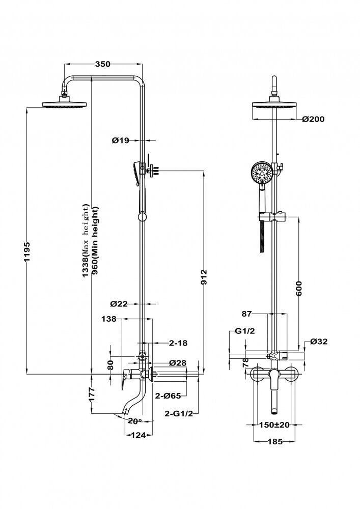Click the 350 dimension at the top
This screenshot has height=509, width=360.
click(x=103, y=64)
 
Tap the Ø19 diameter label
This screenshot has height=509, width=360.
click(x=121, y=139)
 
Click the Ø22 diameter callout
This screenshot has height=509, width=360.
click(x=119, y=304)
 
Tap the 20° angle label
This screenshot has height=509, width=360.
click(x=134, y=421)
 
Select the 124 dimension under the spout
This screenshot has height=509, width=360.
click(x=138, y=435)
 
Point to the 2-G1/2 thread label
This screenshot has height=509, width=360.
click(x=179, y=414)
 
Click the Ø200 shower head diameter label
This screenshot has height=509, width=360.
click(x=313, y=119)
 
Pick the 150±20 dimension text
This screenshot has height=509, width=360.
click(x=274, y=425)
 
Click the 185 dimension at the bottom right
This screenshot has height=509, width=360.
click(x=274, y=441)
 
